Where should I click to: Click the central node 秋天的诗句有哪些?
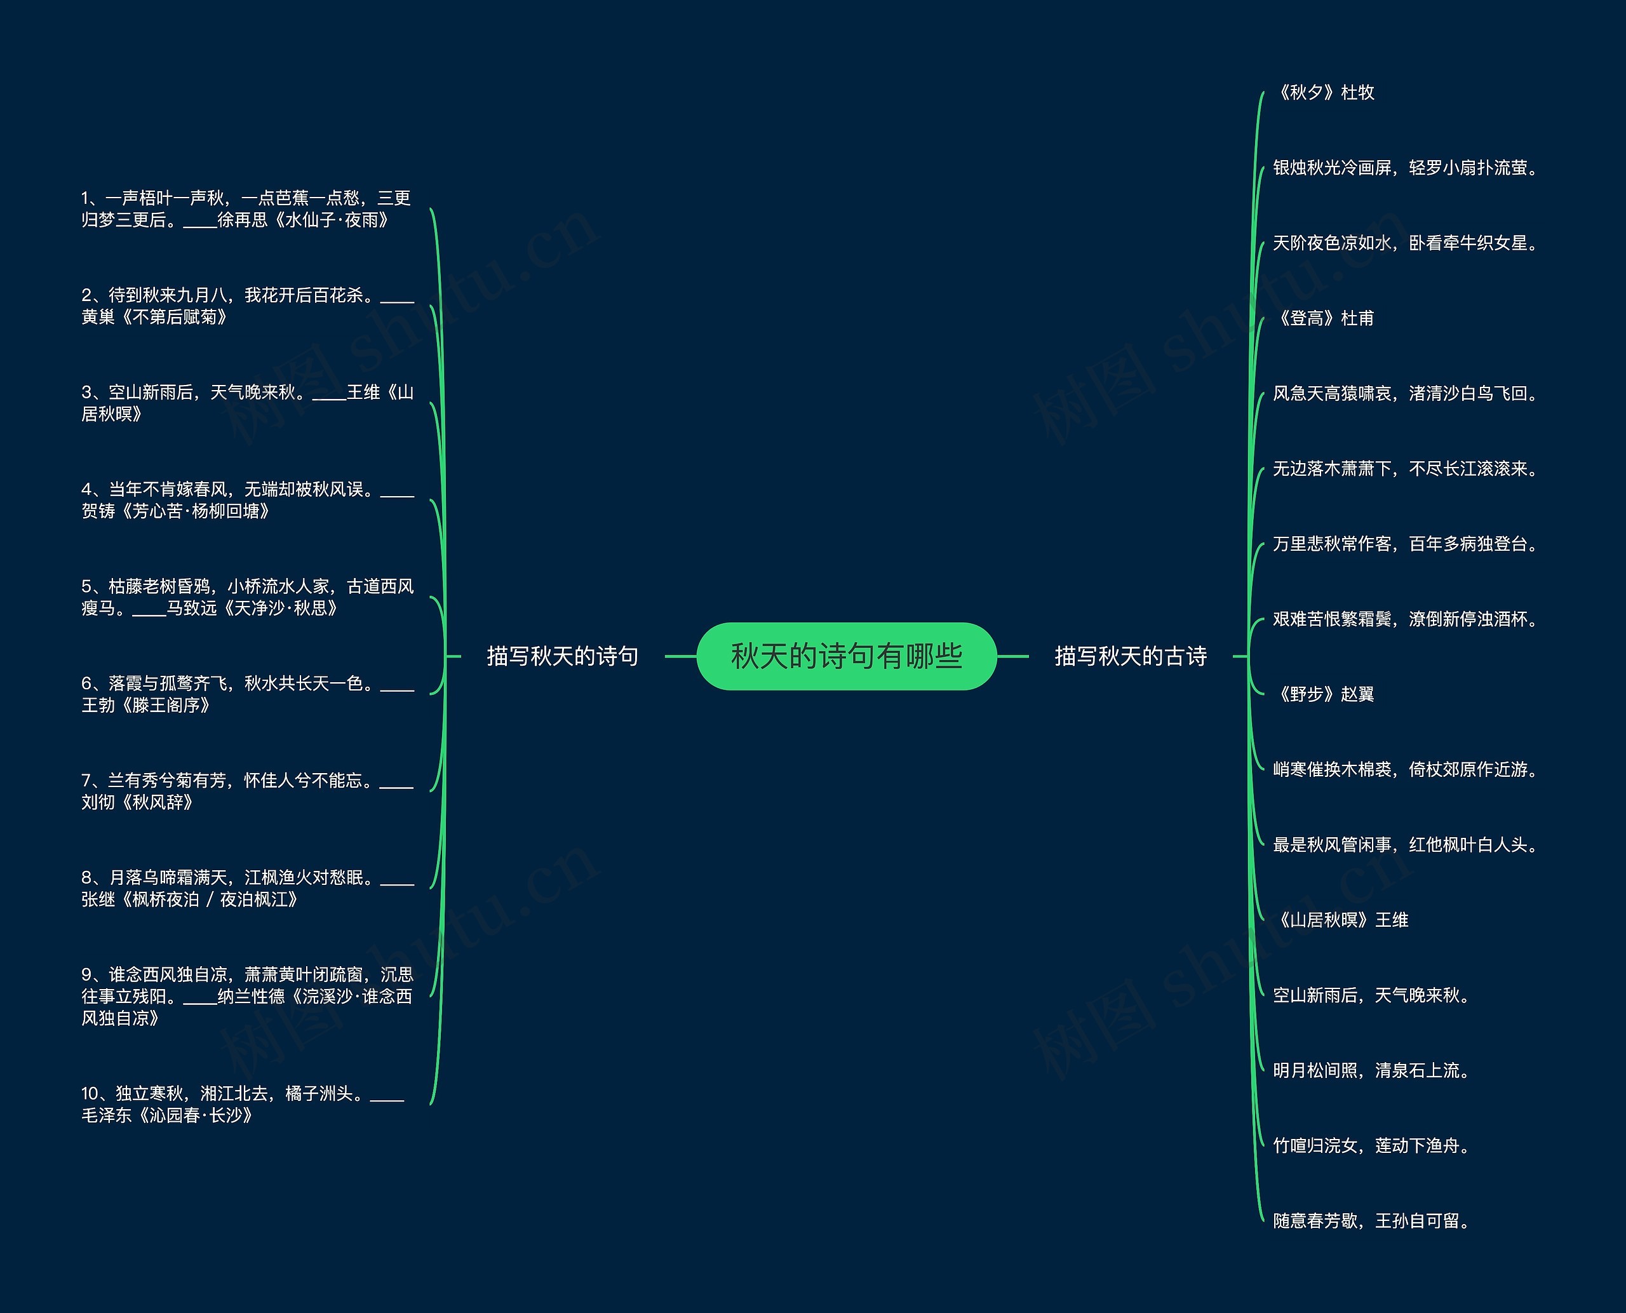(846, 656)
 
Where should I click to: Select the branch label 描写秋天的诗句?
(562, 656)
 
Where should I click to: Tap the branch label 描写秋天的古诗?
(1130, 656)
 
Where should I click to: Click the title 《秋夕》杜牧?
(1324, 92)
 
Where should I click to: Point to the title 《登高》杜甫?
(1324, 318)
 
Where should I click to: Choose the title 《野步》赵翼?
(1324, 694)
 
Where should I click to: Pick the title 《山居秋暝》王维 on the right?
(1340, 920)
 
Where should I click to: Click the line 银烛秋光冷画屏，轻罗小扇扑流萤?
(1404, 168)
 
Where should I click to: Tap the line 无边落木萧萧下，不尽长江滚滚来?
(1404, 469)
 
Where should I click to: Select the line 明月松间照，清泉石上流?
(1371, 1070)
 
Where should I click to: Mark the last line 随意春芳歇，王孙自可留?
(1371, 1221)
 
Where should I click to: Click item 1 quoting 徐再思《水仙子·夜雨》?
(246, 209)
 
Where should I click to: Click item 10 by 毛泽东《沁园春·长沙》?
(242, 1104)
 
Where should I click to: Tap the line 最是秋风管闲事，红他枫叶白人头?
(1404, 845)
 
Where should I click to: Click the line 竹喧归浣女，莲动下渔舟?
(1371, 1146)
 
